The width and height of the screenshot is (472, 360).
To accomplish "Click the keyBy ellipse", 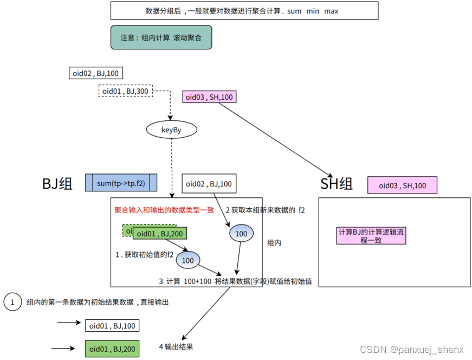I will click(171, 130).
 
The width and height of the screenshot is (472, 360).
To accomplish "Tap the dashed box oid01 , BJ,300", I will click(126, 91).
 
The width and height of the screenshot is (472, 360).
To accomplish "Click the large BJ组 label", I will click(57, 184).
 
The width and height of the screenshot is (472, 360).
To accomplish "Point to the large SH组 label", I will click(336, 184).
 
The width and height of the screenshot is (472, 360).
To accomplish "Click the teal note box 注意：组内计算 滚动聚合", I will click(160, 38).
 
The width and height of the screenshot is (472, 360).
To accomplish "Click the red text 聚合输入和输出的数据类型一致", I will click(164, 210).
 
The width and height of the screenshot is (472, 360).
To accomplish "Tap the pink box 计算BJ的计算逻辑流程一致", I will click(372, 235).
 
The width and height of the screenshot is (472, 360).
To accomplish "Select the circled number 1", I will click(11, 302).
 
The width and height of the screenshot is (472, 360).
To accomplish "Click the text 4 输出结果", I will click(176, 346).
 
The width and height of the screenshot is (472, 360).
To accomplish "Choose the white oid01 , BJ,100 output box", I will click(112, 325).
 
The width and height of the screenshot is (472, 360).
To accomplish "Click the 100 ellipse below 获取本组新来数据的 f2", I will click(241, 234).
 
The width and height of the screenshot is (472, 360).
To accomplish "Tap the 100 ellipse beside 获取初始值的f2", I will click(187, 260).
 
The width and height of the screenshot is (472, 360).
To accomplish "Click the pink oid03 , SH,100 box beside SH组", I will click(402, 185).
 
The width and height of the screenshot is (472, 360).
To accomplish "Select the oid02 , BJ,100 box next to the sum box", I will click(209, 184).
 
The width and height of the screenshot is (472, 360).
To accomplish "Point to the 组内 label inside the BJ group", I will click(274, 243).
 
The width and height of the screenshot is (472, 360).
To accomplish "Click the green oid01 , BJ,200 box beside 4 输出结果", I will click(112, 349).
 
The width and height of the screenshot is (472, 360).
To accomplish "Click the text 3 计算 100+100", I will click(184, 281).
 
